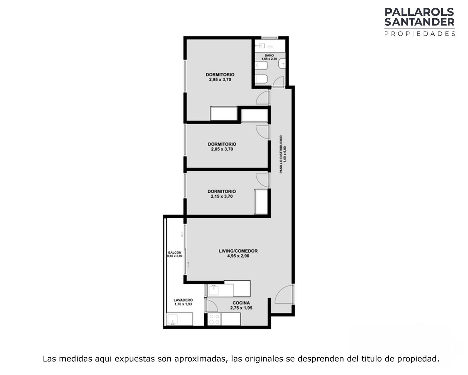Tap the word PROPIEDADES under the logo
click(420, 34)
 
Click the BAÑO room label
click(269, 55)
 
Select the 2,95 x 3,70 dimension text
click(220, 80)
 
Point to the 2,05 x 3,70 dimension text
click(222, 149)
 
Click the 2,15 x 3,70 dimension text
click(222, 196)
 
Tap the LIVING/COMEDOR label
click(238, 251)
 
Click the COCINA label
click(241, 303)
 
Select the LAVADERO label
click(183, 300)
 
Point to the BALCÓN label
click(175, 252)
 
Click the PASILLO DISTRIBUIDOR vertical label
click(281, 154)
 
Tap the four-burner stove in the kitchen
click(214, 319)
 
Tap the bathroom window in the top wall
click(270, 38)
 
